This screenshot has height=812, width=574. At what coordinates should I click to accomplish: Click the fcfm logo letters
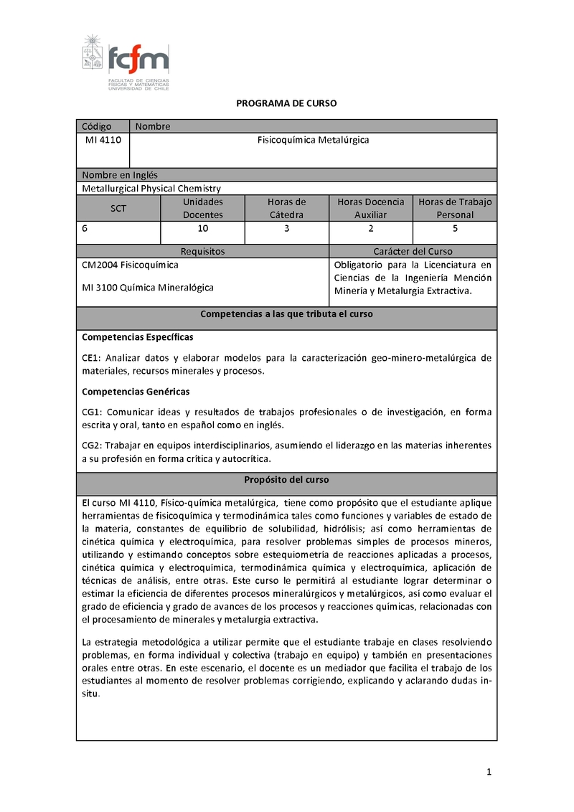coord(138,57)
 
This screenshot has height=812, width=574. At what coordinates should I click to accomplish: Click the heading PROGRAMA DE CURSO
coord(286,103)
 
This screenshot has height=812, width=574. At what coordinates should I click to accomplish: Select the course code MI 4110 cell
coord(103,141)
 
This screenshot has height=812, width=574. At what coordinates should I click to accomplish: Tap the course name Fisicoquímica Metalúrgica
coord(313,141)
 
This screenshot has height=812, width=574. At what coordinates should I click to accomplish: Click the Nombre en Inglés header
coord(120,174)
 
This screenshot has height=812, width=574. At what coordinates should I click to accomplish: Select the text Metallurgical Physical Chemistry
coord(151,188)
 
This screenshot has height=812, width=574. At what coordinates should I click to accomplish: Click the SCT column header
coord(118,208)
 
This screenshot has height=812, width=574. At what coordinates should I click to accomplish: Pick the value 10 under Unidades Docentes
coord(203,229)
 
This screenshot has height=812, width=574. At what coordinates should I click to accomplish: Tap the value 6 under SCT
coord(85,229)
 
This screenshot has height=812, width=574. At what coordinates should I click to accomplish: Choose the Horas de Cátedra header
coord(286,208)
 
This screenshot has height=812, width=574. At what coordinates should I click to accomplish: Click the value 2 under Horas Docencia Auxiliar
coord(371,229)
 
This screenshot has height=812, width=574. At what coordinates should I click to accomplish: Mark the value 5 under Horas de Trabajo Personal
coord(455,229)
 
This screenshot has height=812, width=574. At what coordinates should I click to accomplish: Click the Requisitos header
coord(202,251)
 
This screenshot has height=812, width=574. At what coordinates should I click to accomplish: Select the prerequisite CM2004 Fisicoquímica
coord(131,265)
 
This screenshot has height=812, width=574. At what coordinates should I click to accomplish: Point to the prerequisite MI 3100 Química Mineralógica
coord(148,288)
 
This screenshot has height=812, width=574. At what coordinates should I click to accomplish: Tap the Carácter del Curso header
coord(413,251)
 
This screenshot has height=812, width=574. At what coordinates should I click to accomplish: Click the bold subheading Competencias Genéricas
coord(136,392)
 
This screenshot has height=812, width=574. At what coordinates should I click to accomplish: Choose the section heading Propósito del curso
coord(286,479)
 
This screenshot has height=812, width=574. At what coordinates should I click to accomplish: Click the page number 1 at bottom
coord(489,773)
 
